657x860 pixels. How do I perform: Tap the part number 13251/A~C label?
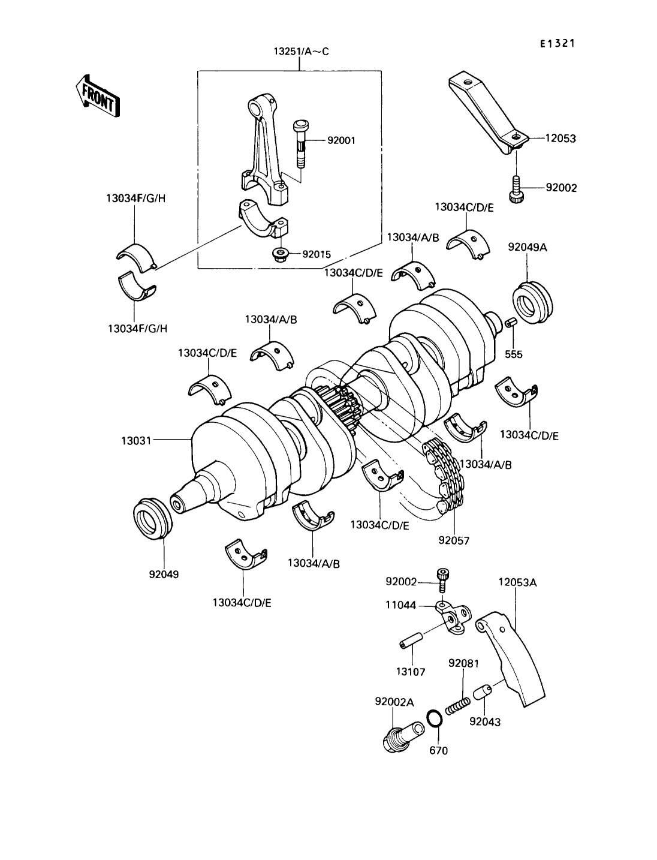point(301,52)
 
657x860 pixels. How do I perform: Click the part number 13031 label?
point(136,441)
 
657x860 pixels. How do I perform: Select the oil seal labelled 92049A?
point(533,302)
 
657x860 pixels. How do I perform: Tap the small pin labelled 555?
point(511,323)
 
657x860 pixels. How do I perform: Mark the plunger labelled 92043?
point(483,692)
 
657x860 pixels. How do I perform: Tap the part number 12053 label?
point(560,138)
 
